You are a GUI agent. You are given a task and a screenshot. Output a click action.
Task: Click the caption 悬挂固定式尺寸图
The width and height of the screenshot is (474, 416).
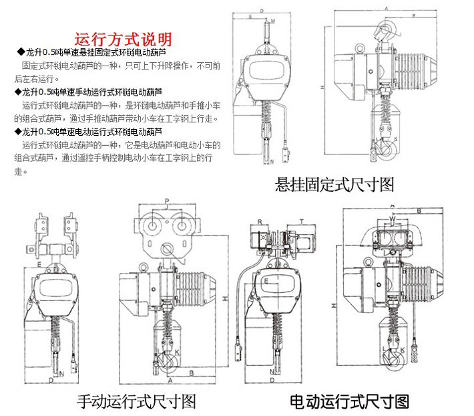(335, 185)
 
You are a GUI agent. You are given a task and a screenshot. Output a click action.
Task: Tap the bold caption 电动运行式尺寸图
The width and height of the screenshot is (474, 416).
(349, 401)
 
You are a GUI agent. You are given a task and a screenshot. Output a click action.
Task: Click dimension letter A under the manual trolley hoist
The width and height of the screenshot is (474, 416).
(171, 379)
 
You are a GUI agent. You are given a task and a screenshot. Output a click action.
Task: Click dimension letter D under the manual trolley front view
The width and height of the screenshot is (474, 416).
(51, 380)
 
